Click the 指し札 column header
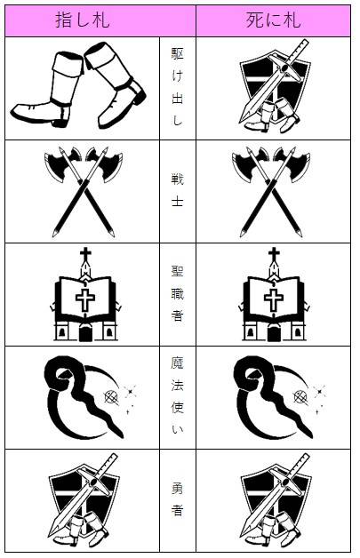click(x=83, y=20)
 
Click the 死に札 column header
click(x=273, y=20)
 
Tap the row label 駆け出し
click(x=177, y=87)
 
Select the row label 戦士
click(x=177, y=189)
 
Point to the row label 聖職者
click(x=177, y=293)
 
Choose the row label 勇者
click(x=177, y=499)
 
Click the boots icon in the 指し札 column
click(x=78, y=86)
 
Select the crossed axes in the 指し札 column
click(x=84, y=191)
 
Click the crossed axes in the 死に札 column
click(x=271, y=191)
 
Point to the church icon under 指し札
click(x=85, y=295)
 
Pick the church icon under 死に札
click(x=274, y=295)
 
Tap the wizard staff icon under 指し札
click(x=90, y=397)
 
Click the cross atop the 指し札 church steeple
click(x=85, y=254)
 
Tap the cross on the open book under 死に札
click(x=274, y=299)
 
